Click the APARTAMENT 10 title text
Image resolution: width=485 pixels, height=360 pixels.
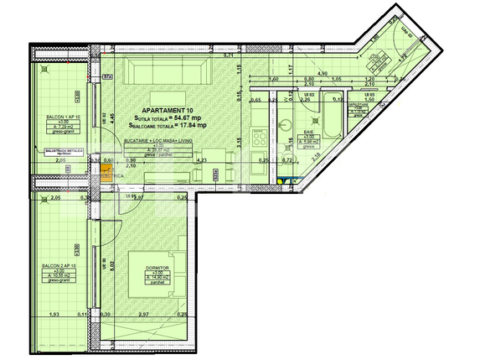(168, 110)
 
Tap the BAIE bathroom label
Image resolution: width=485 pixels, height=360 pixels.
(307, 134)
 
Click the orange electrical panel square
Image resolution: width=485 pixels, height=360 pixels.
(106, 175)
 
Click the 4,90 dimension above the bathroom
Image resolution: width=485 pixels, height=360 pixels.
(322, 75)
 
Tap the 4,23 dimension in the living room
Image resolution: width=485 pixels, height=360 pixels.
(202, 159)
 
